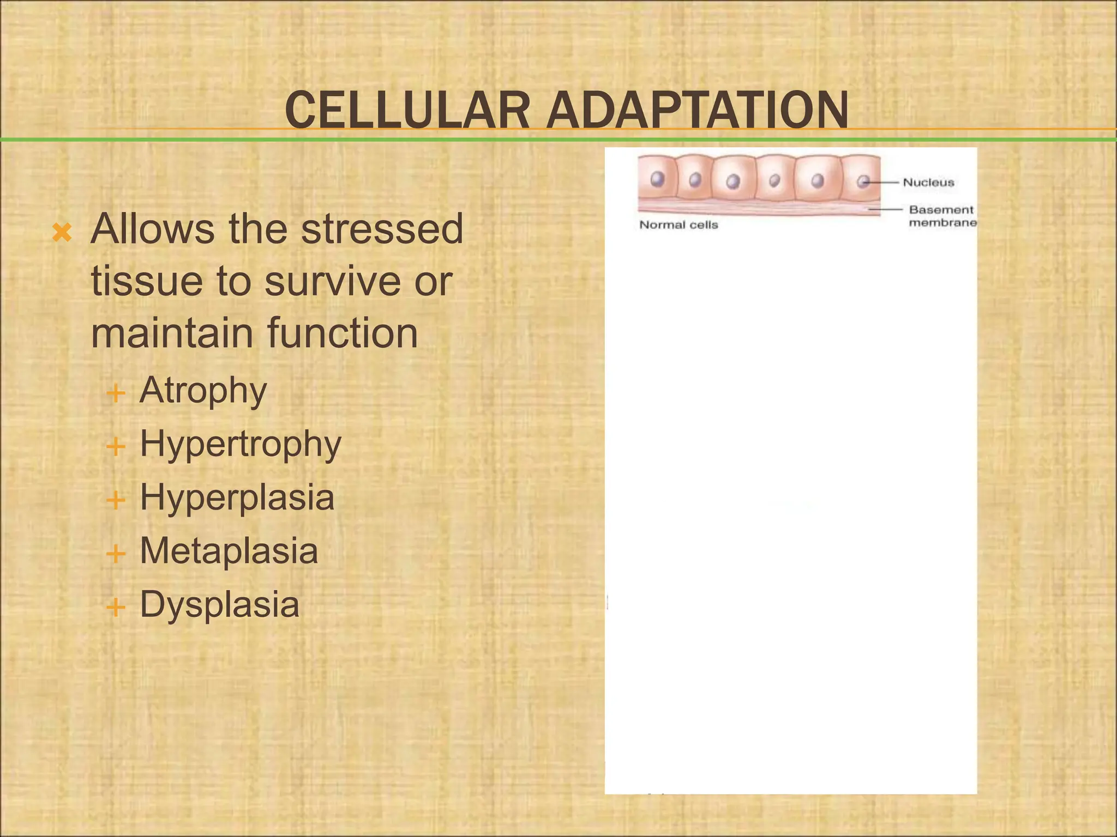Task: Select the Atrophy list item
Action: pos(203,391)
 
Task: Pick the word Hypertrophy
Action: pos(241,444)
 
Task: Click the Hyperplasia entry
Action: pos(237,498)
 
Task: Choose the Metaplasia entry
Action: pos(229,551)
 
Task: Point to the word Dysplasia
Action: pos(219,604)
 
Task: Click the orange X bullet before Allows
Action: pos(62,233)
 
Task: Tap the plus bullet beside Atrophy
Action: pos(116,393)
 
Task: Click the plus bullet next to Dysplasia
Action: pos(116,606)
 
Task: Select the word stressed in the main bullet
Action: pos(382,229)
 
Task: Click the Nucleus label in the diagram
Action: pos(928,183)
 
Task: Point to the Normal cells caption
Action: pos(678,225)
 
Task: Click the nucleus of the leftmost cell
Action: pos(658,179)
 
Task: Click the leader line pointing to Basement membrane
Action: pos(886,209)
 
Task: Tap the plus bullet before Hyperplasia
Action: pos(116,500)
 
